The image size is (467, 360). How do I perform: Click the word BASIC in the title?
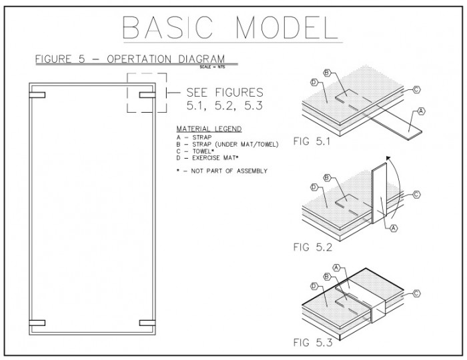167,27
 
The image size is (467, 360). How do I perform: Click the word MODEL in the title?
287,27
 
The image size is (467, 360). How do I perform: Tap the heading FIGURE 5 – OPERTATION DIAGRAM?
130,59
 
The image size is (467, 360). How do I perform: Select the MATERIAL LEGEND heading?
209,129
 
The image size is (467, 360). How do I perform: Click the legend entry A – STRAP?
194,137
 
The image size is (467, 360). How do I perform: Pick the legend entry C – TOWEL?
195,151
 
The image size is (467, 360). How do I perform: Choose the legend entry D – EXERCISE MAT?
207,158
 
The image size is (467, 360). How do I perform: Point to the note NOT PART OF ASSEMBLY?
229,171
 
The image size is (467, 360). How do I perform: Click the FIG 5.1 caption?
312,141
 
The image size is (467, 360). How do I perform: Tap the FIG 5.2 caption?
312,247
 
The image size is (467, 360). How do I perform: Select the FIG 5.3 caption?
312,343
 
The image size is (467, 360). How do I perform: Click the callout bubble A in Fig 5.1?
421,111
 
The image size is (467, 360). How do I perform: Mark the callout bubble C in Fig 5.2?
416,195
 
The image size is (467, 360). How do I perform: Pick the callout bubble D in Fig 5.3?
314,286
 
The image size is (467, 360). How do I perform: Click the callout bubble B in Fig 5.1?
327,73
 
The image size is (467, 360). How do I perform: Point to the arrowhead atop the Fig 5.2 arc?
388,158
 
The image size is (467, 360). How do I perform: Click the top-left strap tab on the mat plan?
37,95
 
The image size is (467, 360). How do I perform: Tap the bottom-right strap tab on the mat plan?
147,323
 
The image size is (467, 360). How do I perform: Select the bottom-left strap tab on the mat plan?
37,323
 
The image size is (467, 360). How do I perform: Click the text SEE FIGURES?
225,92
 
